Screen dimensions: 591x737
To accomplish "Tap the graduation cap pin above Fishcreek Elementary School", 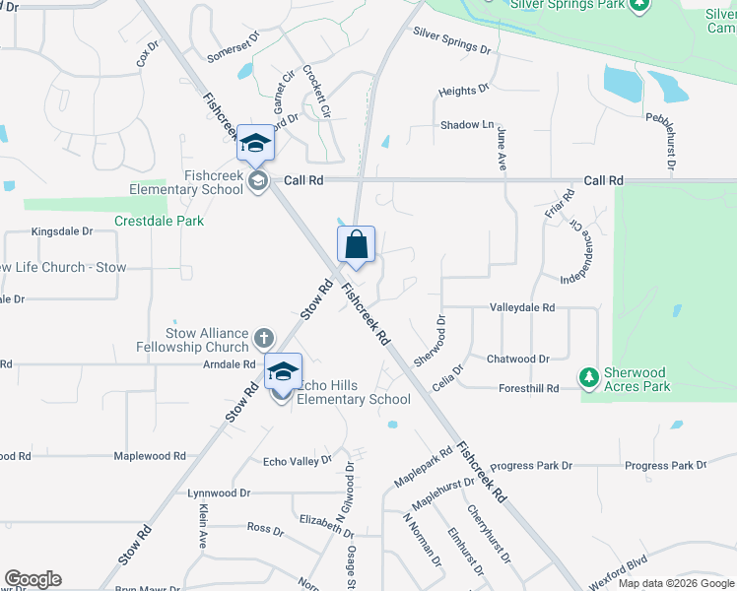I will [x=255, y=144].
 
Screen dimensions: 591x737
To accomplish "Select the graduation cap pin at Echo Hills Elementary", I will [x=283, y=371].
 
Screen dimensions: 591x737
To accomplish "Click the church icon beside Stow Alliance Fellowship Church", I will [x=263, y=339].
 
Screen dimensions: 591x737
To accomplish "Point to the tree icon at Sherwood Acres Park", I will [x=588, y=377].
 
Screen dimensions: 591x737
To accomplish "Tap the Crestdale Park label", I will [x=159, y=221].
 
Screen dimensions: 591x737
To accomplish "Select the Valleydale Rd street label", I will [x=522, y=307].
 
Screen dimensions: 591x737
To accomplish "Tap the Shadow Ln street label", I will [x=467, y=125].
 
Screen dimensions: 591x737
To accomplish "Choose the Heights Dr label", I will [x=464, y=92].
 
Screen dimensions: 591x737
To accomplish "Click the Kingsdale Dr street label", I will [x=61, y=231].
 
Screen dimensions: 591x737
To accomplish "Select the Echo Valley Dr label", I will [x=298, y=461].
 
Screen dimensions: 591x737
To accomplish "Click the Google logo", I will [x=33, y=579].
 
